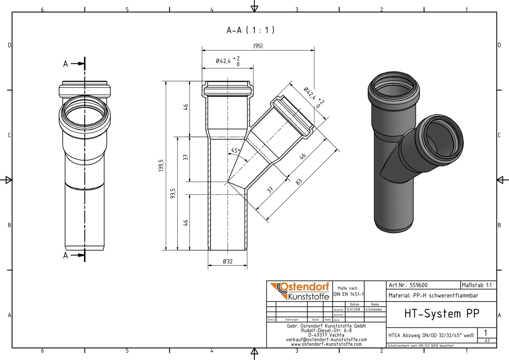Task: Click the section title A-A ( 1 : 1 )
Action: pos(250,30)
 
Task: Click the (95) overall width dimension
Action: pos(258,46)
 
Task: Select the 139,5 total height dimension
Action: pos(161,166)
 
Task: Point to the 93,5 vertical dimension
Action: pos(173,193)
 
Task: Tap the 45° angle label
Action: pos(235,150)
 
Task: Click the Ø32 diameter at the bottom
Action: pos(228,262)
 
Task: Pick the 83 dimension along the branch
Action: pos(299,182)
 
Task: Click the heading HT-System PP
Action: pos(442,314)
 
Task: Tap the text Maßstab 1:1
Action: pos(477,285)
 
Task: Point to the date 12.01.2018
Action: pos(353,309)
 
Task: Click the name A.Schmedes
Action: pos(374,309)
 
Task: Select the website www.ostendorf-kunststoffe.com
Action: pos(326,344)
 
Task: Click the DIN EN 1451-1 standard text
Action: pos(348,294)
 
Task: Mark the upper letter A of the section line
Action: pos(66,64)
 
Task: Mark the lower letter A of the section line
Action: pos(66,256)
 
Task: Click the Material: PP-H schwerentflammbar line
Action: pos(433,296)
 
